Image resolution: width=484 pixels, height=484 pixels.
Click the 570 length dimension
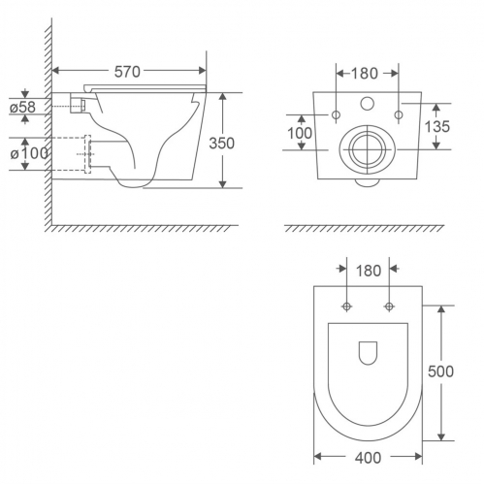(127, 72)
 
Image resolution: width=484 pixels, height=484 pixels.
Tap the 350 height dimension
(221, 144)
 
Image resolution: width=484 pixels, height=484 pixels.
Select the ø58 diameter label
(22, 107)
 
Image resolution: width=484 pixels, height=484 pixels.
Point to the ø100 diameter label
(29, 153)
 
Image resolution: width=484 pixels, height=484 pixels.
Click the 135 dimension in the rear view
(437, 126)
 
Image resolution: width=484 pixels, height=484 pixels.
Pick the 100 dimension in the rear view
(300, 133)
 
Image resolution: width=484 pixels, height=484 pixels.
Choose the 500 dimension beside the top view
(440, 371)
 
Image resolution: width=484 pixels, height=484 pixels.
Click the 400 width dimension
(368, 458)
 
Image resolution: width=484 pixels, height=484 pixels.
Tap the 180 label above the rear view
(365, 74)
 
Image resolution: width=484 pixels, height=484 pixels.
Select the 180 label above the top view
(369, 271)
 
